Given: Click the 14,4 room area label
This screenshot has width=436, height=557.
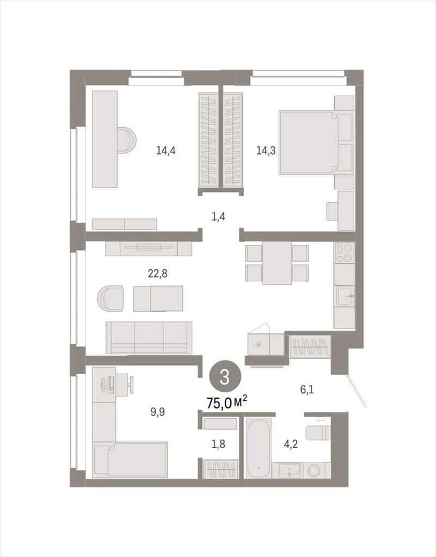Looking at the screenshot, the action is [x=165, y=151].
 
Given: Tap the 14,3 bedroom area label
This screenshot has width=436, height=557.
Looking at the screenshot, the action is [x=266, y=151].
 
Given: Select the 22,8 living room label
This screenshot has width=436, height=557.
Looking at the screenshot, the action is [x=157, y=274].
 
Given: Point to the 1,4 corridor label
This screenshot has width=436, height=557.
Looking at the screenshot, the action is [x=218, y=216].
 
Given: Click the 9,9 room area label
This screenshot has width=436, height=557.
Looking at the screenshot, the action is [x=157, y=412].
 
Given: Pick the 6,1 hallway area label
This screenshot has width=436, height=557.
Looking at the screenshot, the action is [x=307, y=389].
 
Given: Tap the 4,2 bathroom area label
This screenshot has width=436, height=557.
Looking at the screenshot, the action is [x=291, y=444].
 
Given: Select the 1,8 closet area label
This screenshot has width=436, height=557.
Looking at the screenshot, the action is [x=218, y=444].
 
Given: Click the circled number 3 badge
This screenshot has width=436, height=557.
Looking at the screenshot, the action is [x=225, y=377].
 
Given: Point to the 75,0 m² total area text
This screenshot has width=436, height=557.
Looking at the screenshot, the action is [x=227, y=403].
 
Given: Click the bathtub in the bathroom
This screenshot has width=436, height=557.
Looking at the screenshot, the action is [x=259, y=449].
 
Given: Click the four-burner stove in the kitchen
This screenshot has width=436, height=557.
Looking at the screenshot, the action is [x=344, y=252].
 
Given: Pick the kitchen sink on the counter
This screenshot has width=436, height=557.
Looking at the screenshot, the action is [x=344, y=296].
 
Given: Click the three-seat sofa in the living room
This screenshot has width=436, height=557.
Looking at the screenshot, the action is [x=149, y=337].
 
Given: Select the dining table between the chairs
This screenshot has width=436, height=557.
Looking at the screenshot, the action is [x=277, y=263].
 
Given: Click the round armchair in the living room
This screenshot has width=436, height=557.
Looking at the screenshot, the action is [x=110, y=299].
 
